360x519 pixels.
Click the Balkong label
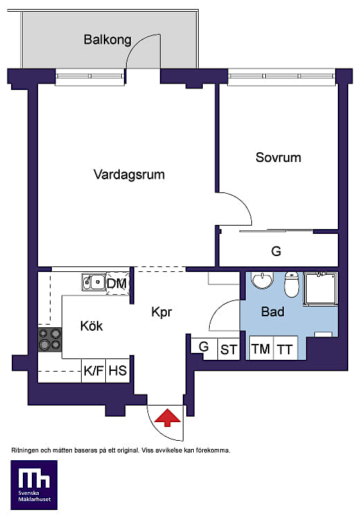click(107, 40)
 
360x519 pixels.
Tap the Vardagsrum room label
click(129, 174)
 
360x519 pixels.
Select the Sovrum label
click(278, 157)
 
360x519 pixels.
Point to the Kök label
click(91, 326)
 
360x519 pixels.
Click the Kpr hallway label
click(161, 312)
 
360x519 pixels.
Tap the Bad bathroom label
click(273, 311)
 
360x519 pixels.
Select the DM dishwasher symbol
click(117, 283)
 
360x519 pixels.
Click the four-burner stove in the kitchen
click(50, 340)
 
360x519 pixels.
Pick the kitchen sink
click(93, 282)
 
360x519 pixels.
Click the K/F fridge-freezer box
click(93, 371)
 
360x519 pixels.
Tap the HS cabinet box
click(118, 371)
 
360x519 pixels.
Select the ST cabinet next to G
click(228, 349)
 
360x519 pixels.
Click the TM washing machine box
click(261, 348)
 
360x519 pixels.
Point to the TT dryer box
click(285, 348)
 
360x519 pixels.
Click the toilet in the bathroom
click(291, 284)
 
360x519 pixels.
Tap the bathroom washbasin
click(262, 280)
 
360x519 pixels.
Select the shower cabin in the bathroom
click(321, 288)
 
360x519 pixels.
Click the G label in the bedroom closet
click(276, 251)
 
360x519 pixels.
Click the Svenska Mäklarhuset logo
click(34, 484)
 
